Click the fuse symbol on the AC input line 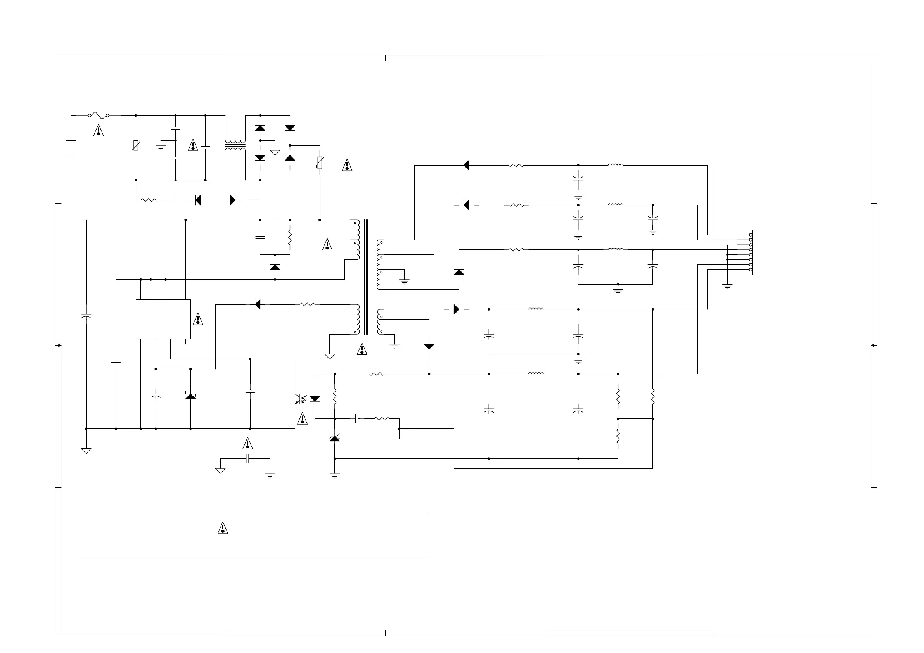(99, 116)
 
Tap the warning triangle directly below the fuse (99, 131)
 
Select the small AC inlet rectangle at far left (71, 148)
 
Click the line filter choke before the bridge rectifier (235, 146)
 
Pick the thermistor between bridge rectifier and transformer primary (320, 162)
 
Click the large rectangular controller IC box (163, 319)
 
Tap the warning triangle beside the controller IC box (198, 320)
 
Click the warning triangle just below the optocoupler (302, 419)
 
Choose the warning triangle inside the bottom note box (223, 528)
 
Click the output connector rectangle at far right (760, 252)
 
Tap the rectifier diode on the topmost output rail (466, 165)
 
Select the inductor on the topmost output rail (615, 164)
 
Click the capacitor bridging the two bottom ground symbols (247, 458)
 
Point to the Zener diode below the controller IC (190, 396)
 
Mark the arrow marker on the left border (59, 345)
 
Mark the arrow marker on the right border (874, 345)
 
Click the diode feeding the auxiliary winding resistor (258, 304)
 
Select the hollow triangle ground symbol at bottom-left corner (86, 451)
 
